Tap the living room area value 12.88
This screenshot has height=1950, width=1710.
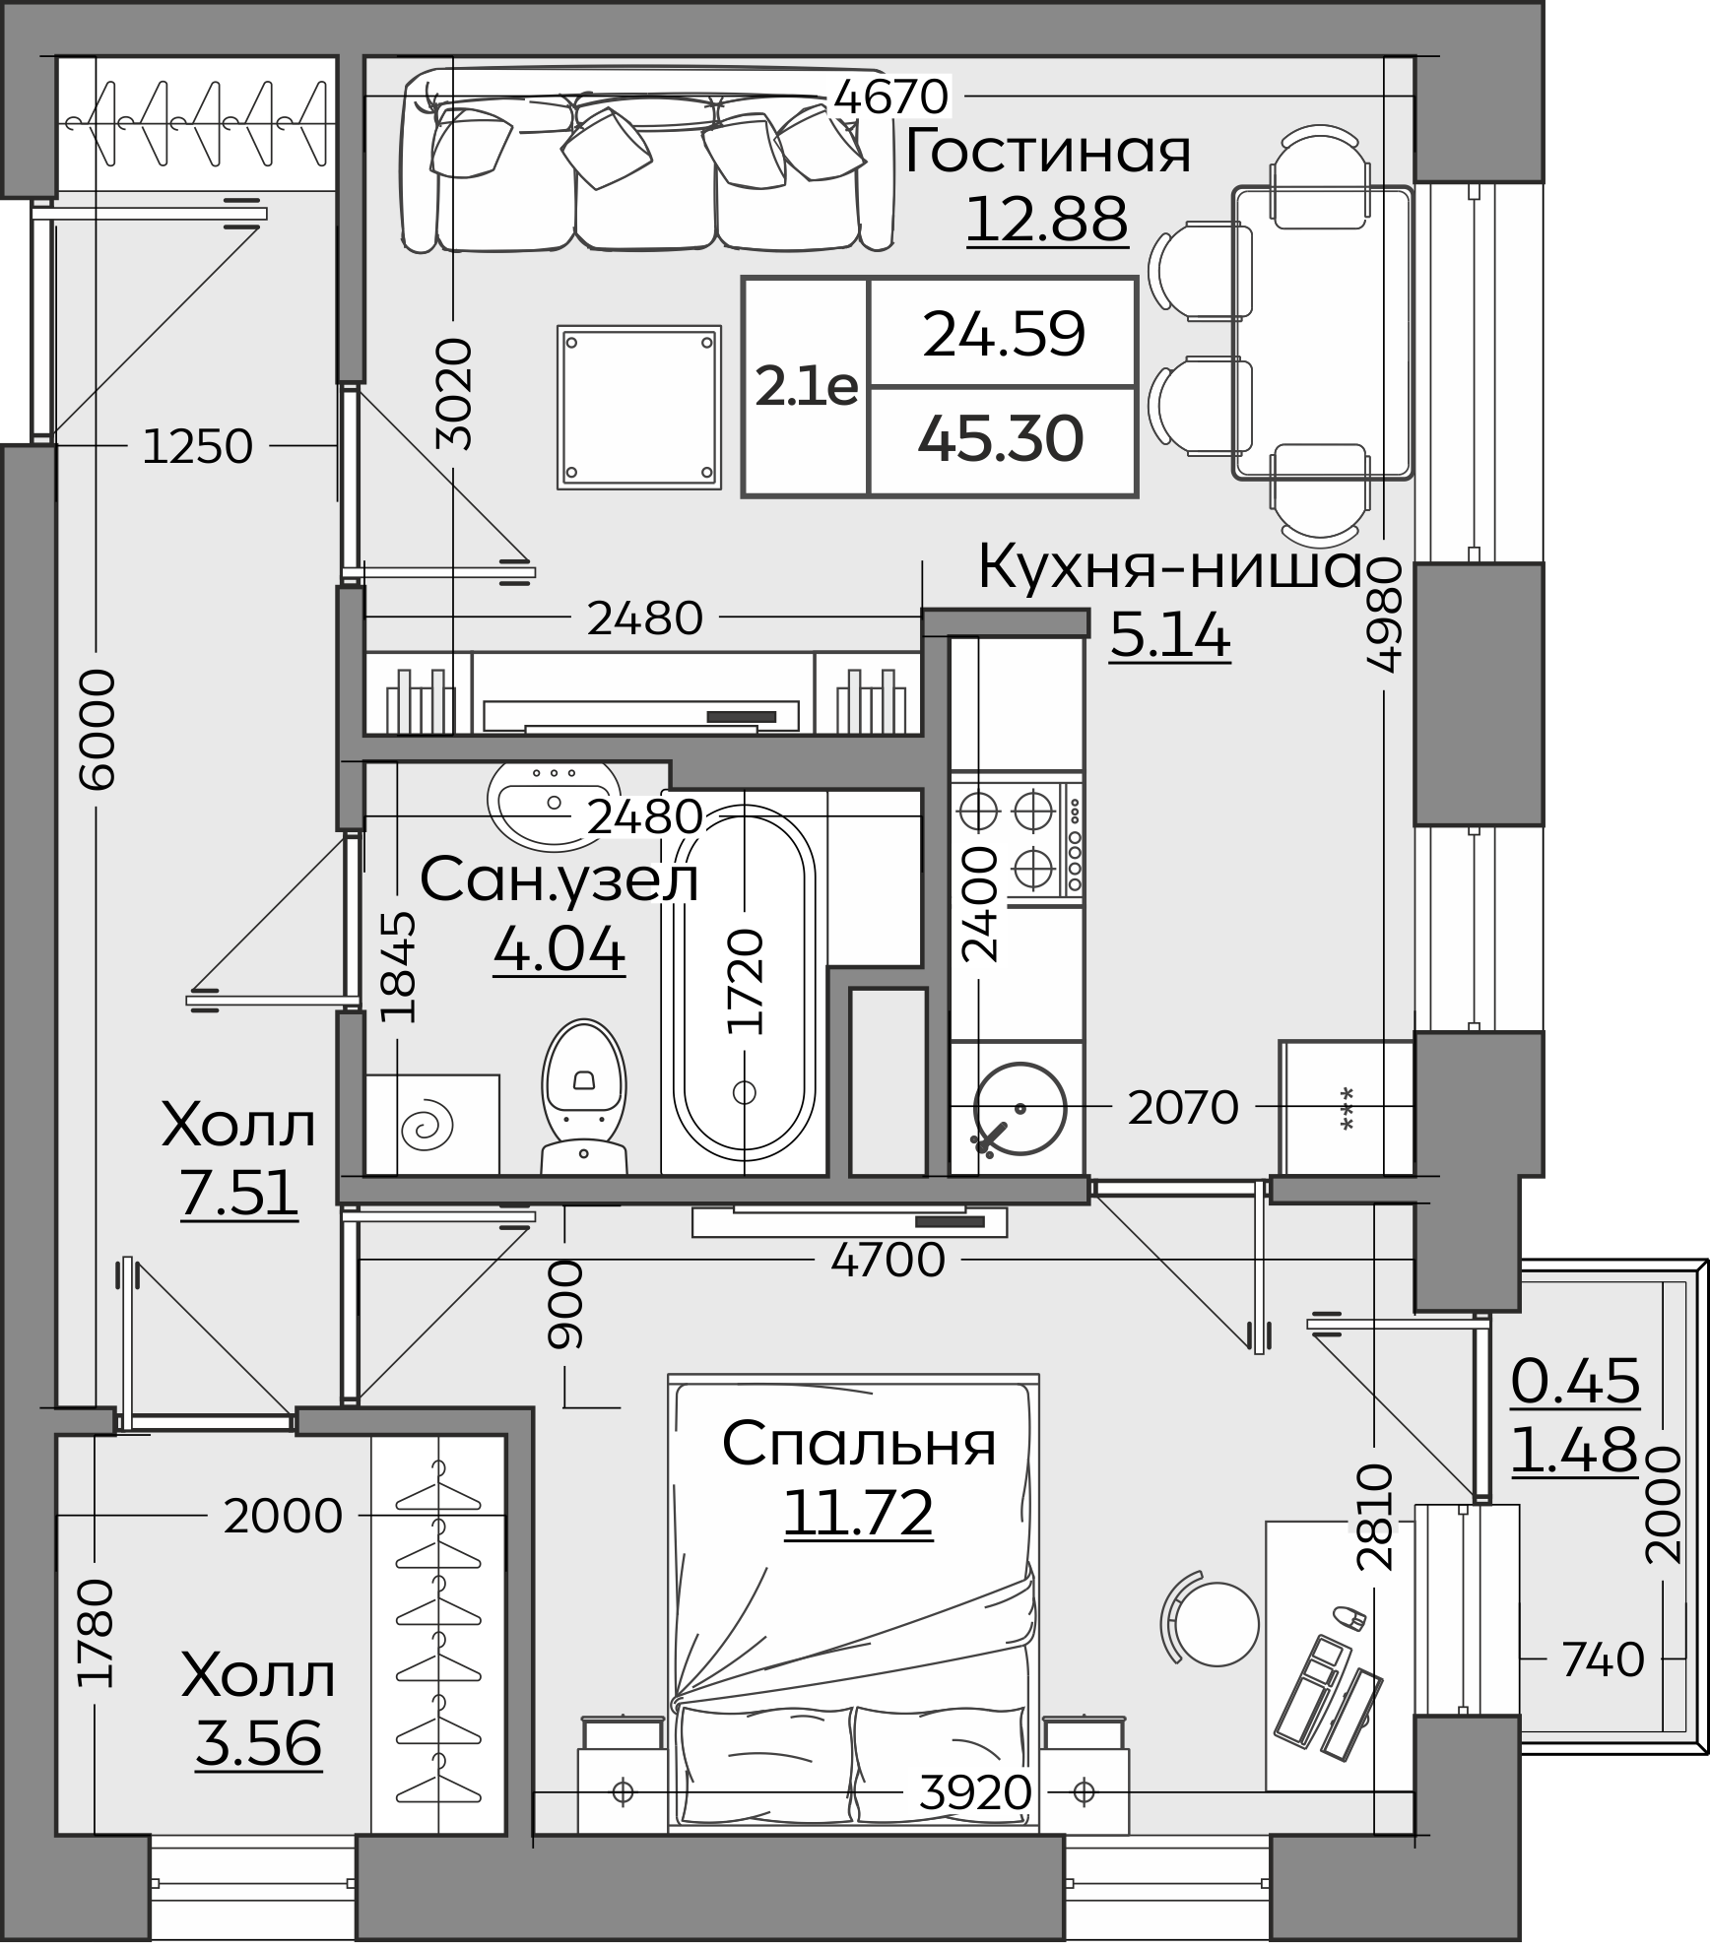(x=1047, y=218)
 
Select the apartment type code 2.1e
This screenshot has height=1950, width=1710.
(x=806, y=388)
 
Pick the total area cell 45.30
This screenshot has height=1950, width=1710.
(x=1001, y=439)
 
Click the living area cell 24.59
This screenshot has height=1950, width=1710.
(x=1004, y=334)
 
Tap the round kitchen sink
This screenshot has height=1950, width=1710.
(x=1019, y=1108)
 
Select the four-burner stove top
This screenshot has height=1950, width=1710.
(x=1017, y=840)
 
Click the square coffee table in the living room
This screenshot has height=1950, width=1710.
(x=639, y=408)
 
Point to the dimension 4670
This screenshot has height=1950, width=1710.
(x=890, y=97)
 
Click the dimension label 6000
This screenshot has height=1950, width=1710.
(x=97, y=729)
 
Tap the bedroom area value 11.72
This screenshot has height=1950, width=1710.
(x=858, y=1513)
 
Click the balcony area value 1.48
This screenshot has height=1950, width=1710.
(x=1574, y=1450)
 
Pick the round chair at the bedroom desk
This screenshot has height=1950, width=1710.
(x=1212, y=1624)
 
